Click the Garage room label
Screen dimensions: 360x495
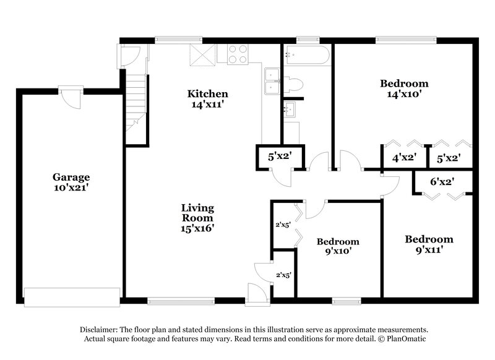(x=71, y=177)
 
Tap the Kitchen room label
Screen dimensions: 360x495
(x=208, y=94)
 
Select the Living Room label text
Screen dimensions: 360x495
(x=197, y=213)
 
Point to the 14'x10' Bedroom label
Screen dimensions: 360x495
(x=404, y=84)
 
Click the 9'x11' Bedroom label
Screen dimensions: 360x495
(x=429, y=239)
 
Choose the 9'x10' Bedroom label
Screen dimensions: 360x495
(x=338, y=241)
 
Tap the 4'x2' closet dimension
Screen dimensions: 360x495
(x=403, y=158)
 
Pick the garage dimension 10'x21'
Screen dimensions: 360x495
(x=71, y=187)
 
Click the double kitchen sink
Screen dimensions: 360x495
(x=272, y=82)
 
